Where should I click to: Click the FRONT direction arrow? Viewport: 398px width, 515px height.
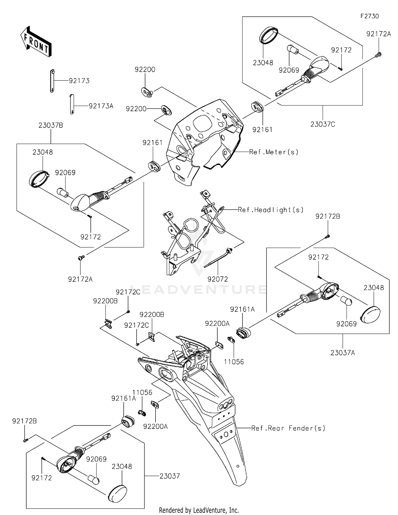click(36, 41)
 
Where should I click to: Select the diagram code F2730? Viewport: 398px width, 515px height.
click(369, 16)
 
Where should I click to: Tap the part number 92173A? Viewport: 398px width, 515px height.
click(101, 106)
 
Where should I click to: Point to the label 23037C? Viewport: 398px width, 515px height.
click(323, 124)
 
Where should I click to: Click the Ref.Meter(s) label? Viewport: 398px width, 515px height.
click(274, 152)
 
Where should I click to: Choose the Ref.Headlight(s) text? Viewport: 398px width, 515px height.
click(271, 210)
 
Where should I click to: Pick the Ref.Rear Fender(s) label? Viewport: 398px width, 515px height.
click(288, 428)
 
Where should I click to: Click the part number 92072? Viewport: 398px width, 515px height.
click(218, 279)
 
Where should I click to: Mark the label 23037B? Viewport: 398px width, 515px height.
click(51, 125)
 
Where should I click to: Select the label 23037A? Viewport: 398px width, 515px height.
click(343, 353)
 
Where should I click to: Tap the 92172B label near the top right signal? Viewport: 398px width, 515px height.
click(328, 216)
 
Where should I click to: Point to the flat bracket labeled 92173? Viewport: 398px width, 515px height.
click(52, 81)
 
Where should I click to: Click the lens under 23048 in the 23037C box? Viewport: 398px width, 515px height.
click(269, 35)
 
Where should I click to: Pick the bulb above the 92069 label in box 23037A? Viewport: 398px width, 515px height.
click(346, 301)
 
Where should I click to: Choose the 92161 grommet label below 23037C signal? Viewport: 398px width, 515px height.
click(262, 129)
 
